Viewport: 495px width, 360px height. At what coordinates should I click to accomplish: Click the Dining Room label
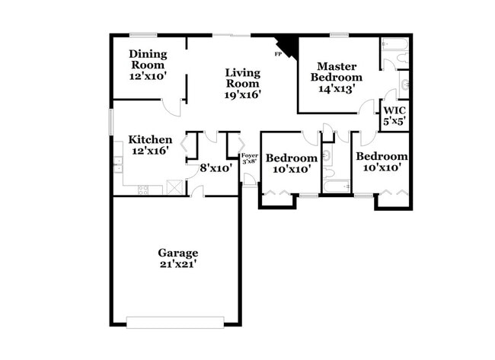point(148,65)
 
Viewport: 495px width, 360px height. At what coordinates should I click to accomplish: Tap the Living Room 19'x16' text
point(243,84)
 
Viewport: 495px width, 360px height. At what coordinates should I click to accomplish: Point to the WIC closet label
point(394,115)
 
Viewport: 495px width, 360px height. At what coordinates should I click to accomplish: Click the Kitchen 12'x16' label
point(150,145)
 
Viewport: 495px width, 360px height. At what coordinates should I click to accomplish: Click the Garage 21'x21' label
point(178,258)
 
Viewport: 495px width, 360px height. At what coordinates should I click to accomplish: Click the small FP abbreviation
point(278,55)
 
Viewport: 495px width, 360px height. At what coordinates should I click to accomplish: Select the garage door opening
point(177,322)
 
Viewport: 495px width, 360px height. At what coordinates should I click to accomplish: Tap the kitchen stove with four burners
point(144,190)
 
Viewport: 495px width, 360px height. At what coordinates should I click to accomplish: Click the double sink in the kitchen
point(118,164)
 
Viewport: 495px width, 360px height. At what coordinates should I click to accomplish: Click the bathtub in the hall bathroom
point(336,186)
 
